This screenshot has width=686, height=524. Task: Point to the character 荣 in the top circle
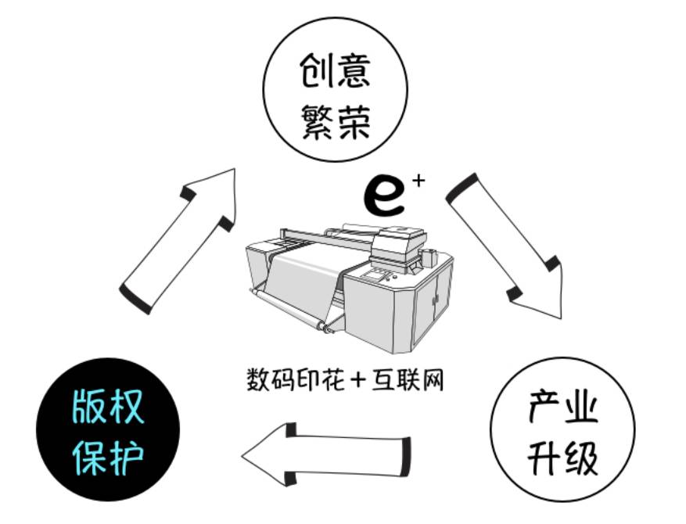point(354,122)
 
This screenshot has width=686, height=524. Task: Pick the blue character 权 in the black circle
point(126,407)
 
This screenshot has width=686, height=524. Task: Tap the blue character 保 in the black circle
point(88,458)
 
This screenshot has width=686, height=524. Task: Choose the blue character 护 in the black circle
point(126,458)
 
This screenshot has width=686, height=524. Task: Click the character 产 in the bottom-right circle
point(544,406)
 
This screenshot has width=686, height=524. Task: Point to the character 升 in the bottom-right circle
point(544,458)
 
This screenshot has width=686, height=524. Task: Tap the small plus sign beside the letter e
point(418,181)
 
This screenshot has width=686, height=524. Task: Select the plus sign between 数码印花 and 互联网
point(358,379)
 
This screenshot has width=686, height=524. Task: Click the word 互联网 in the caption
point(407,379)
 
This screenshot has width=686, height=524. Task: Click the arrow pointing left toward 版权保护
point(326,453)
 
